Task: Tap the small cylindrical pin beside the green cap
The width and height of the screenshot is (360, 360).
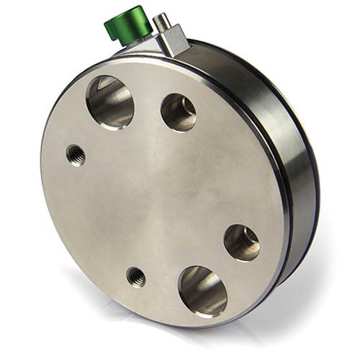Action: coord(163,21)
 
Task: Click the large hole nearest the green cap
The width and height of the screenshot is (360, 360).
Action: coord(110,102)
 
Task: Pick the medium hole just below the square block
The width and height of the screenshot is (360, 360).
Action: coord(178,112)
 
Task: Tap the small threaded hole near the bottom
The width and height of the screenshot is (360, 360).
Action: coord(135,276)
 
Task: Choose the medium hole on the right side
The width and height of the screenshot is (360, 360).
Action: coord(242,243)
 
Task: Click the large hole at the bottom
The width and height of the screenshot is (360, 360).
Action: coord(202,291)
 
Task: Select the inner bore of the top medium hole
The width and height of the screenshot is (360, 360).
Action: coord(181,109)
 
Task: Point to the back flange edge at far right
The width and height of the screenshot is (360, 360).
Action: coord(315,187)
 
